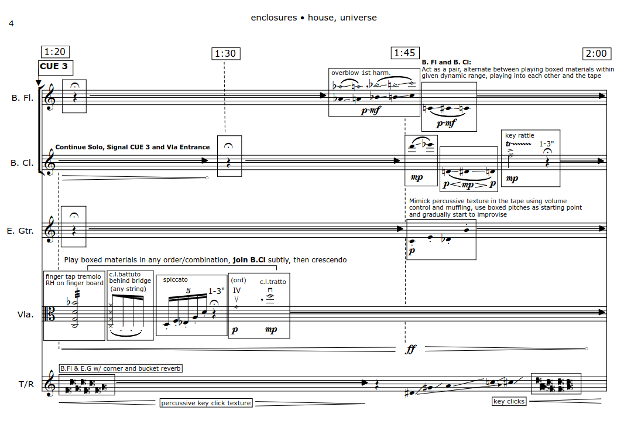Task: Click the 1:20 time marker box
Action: pyautogui.click(x=55, y=52)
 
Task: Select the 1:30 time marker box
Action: pyautogui.click(x=225, y=53)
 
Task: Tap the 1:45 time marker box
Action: pyautogui.click(x=404, y=53)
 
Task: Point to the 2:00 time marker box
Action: pyautogui.click(x=596, y=53)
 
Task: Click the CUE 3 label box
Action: pyautogui.click(x=56, y=67)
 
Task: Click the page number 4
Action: pyautogui.click(x=11, y=23)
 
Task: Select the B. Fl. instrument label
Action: pyautogui.click(x=22, y=98)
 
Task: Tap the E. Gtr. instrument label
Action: pyautogui.click(x=20, y=231)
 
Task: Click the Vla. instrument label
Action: pyautogui.click(x=26, y=314)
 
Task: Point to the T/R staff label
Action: pyautogui.click(x=26, y=384)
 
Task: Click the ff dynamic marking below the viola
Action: pyautogui.click(x=411, y=349)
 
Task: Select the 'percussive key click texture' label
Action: pyautogui.click(x=206, y=403)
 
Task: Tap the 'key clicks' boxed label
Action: pyautogui.click(x=509, y=401)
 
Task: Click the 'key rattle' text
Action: pyautogui.click(x=520, y=135)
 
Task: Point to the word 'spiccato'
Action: pyautogui.click(x=175, y=279)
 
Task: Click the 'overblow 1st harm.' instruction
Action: pyautogui.click(x=361, y=73)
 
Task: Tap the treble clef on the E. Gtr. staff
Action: pyautogui.click(x=50, y=230)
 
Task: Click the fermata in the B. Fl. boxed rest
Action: pyautogui.click(x=74, y=86)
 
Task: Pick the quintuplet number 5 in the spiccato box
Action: pyautogui.click(x=188, y=291)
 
